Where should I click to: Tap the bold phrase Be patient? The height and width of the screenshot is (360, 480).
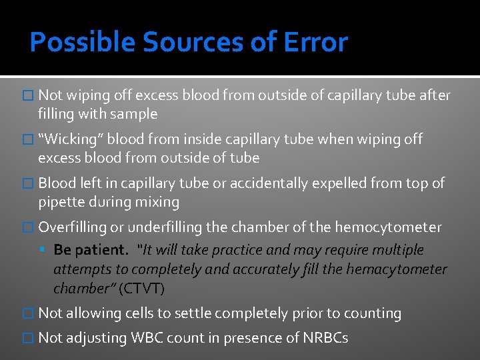(x=91, y=250)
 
